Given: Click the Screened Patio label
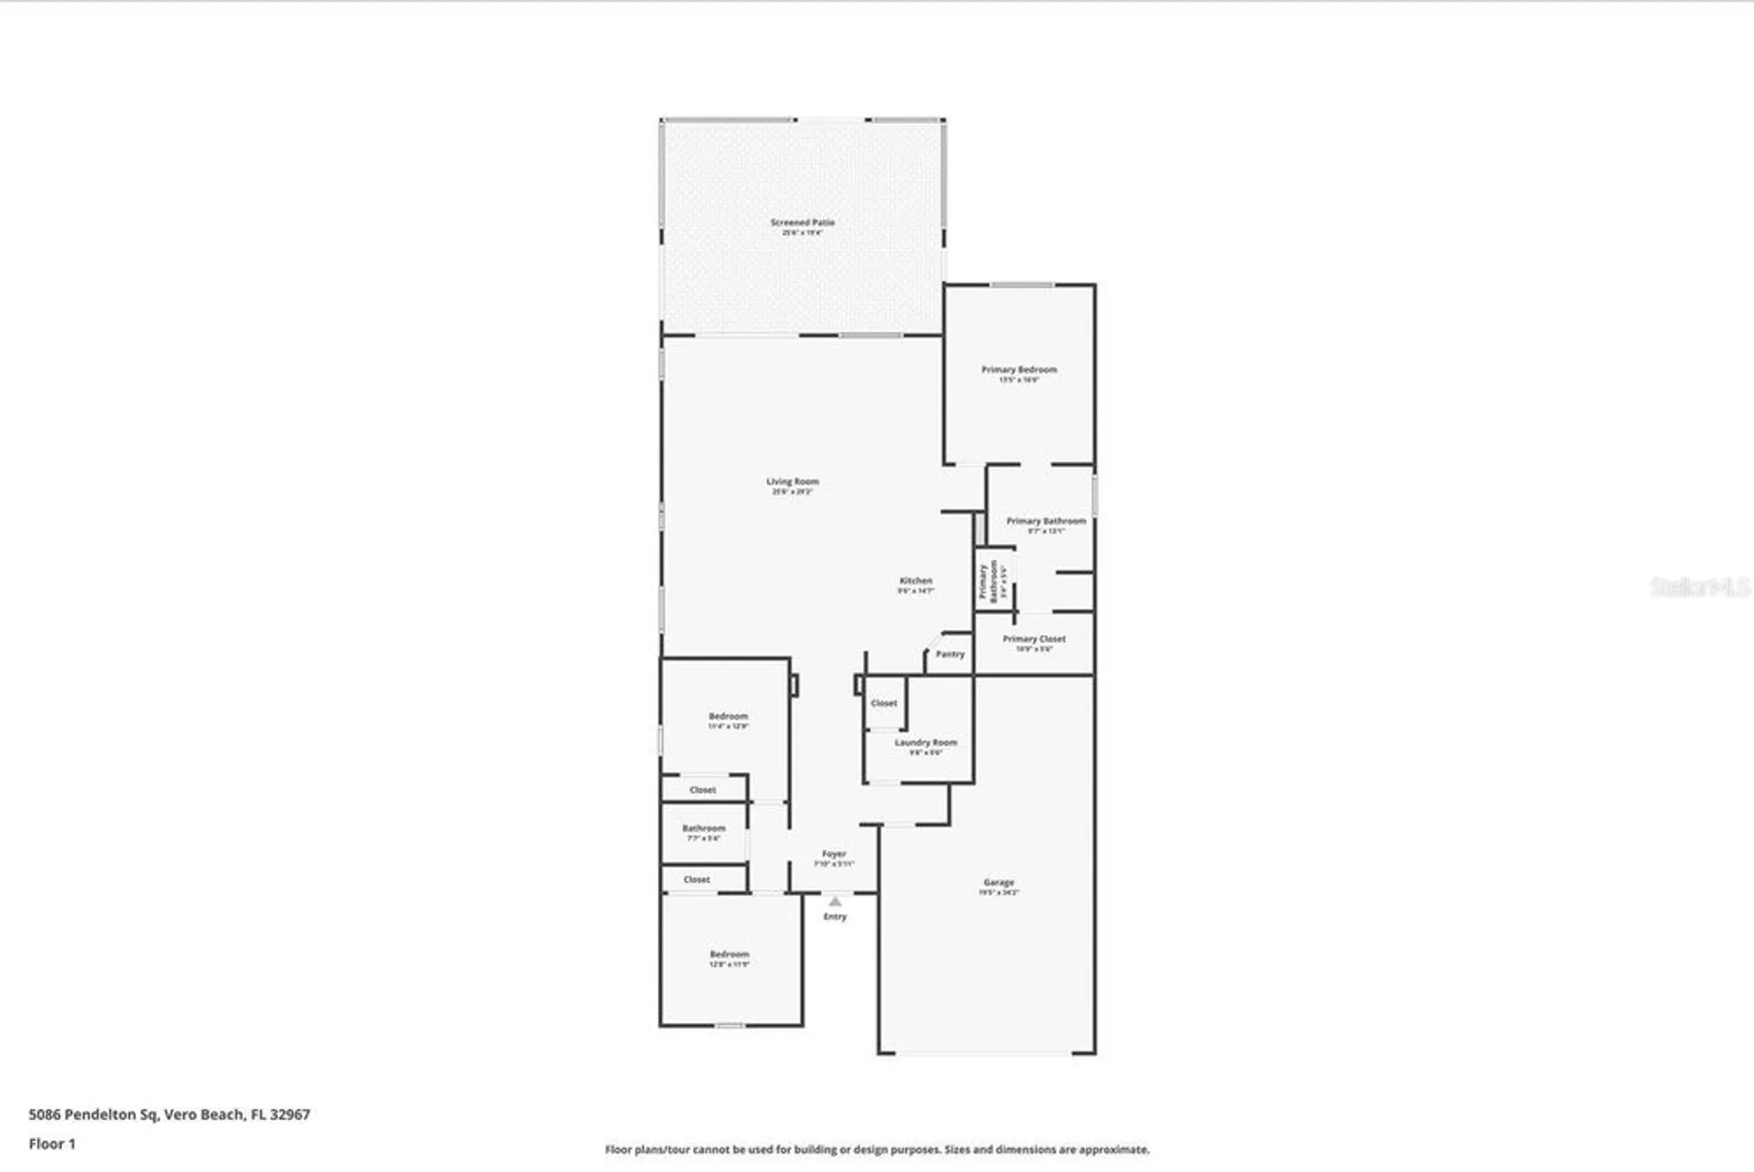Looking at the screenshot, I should pyautogui.click(x=802, y=223).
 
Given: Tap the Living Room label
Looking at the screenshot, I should pyautogui.click(x=792, y=482).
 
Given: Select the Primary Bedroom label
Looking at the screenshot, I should pyautogui.click(x=1018, y=370).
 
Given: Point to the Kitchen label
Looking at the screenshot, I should pyautogui.click(x=916, y=581).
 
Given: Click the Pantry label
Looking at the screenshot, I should pyautogui.click(x=950, y=654).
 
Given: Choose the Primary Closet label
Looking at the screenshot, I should pyautogui.click(x=1034, y=640).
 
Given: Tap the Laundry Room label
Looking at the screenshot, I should pyautogui.click(x=925, y=743).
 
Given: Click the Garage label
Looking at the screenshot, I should pyautogui.click(x=998, y=883).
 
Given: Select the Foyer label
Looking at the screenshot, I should pyautogui.click(x=833, y=854).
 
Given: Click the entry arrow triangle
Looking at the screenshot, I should pyautogui.click(x=835, y=902).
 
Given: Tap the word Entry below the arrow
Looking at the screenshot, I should pyautogui.click(x=835, y=917).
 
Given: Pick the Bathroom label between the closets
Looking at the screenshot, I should pyautogui.click(x=703, y=828).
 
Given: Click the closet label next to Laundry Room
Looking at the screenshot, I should pyautogui.click(x=883, y=704).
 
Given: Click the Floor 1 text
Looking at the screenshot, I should pyautogui.click(x=52, y=1144).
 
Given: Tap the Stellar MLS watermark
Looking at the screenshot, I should pyautogui.click(x=1699, y=587).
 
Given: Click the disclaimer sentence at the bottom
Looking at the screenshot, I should pyautogui.click(x=877, y=1149).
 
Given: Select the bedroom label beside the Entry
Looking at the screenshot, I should pyautogui.click(x=729, y=954).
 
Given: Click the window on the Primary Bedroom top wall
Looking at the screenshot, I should pyautogui.click(x=1022, y=285).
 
